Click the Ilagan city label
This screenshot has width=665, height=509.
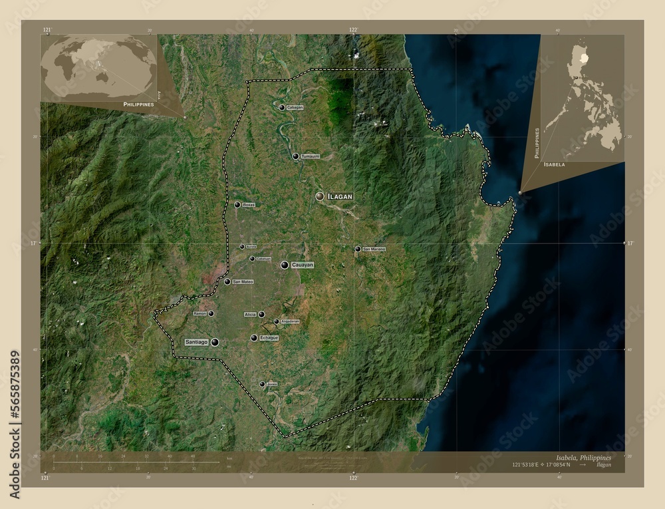340,196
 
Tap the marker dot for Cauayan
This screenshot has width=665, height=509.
285,265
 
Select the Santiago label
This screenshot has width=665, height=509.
197,342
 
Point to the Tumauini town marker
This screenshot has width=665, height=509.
296,156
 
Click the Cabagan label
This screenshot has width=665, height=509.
295,107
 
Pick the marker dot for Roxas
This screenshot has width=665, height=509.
237,205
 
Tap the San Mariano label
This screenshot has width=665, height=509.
374,249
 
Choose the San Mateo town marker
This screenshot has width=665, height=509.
227,282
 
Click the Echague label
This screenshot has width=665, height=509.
269,338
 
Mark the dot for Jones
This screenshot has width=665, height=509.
262,385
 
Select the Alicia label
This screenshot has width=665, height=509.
250,314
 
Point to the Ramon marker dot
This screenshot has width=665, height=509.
211,313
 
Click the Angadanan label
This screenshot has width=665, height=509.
290,321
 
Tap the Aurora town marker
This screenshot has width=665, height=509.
242,247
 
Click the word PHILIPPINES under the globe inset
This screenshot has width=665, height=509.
138,105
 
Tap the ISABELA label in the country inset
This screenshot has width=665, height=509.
555,164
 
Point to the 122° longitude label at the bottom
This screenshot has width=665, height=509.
353,477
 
